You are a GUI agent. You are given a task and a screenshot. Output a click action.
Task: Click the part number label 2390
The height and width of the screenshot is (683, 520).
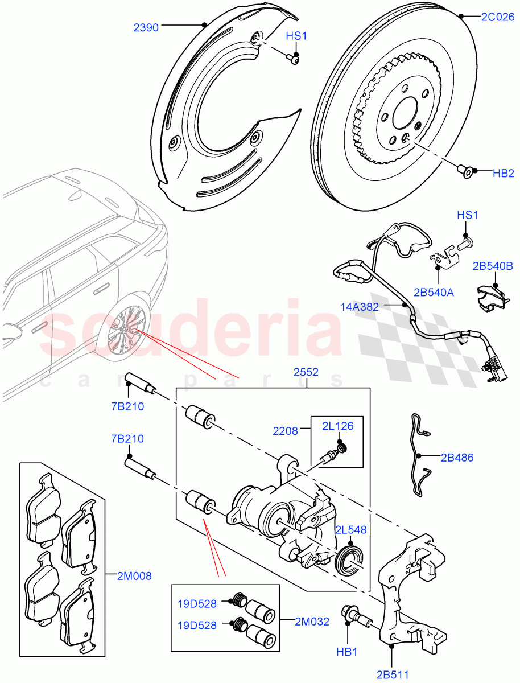[x=146, y=26]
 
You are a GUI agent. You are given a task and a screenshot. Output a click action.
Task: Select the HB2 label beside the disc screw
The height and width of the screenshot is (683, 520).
[x=504, y=174]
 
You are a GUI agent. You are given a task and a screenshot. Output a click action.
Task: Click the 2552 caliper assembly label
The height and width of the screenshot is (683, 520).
[x=306, y=373]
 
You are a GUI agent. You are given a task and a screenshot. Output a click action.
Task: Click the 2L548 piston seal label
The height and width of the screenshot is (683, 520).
[x=350, y=530]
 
